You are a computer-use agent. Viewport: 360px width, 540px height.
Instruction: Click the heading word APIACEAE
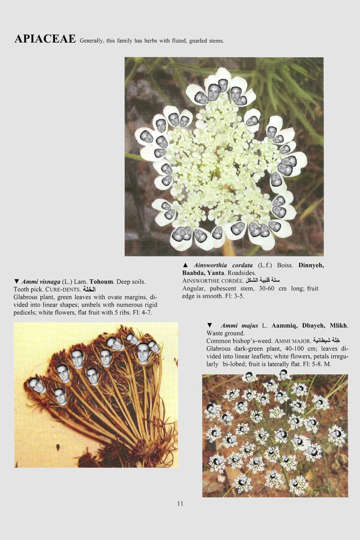pos(45,39)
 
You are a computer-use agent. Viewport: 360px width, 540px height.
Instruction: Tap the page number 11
pos(180,503)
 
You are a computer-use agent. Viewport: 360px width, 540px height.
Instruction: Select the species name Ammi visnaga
pos(42,282)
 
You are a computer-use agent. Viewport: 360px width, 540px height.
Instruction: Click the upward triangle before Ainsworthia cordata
pos(185,265)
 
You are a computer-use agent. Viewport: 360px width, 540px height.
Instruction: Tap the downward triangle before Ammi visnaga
pos(16,282)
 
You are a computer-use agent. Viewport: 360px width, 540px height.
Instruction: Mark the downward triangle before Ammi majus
pos(209,326)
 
